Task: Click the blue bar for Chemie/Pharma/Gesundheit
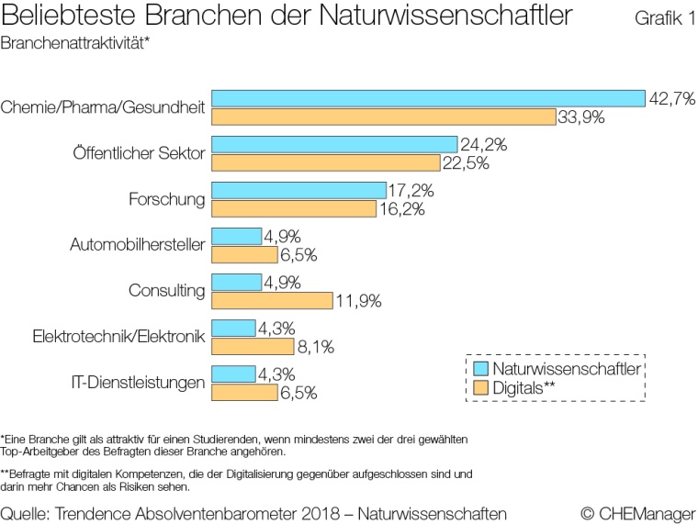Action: coord(427,98)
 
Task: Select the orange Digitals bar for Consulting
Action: coord(272,300)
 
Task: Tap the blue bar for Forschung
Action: coord(298,190)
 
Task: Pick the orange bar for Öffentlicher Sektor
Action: coord(326,162)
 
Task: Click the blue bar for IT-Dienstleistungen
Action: coord(233,373)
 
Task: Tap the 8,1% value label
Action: coord(318,347)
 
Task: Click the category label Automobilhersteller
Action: coord(137,245)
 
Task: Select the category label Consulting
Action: coord(166,291)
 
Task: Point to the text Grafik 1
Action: coord(664,19)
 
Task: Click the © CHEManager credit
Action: coord(637,510)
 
